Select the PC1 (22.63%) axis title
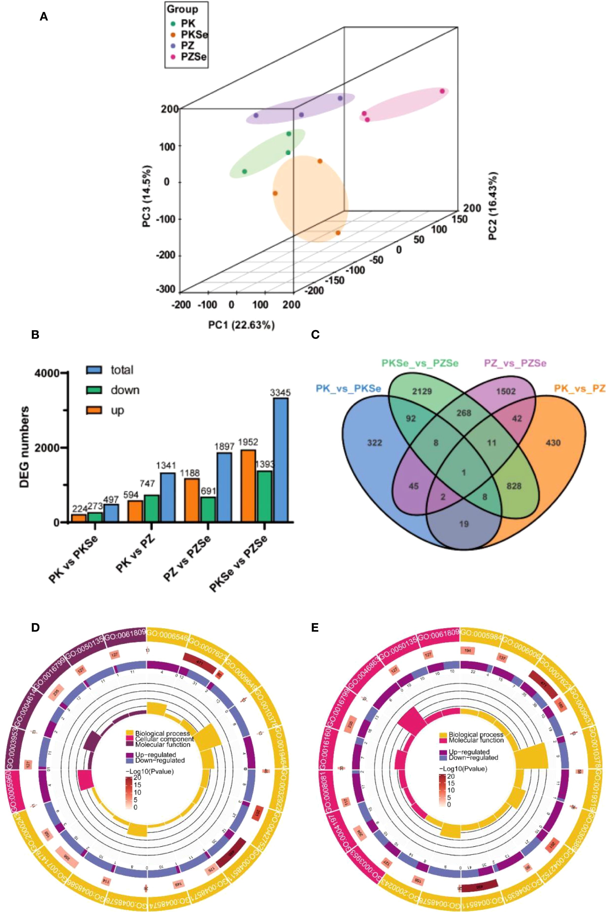click(242, 325)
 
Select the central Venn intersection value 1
click(464, 473)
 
